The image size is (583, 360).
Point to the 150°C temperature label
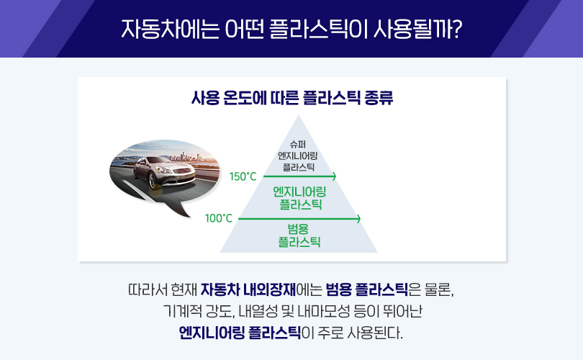243,176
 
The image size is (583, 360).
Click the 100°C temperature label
218,218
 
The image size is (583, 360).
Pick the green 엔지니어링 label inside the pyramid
299,192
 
